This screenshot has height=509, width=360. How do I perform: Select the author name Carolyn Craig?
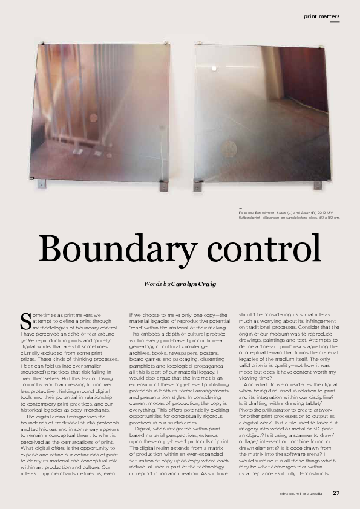pos(193,284)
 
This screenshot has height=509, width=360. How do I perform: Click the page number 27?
pos(336,493)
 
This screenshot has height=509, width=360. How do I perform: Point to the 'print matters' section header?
pos(321,15)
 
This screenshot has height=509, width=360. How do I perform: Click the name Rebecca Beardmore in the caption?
pos(254,215)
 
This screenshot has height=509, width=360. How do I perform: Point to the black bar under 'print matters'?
pos(335,22)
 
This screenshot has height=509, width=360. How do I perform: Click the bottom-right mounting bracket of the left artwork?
pos(161,185)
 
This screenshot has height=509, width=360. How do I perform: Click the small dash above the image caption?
pos(241,209)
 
